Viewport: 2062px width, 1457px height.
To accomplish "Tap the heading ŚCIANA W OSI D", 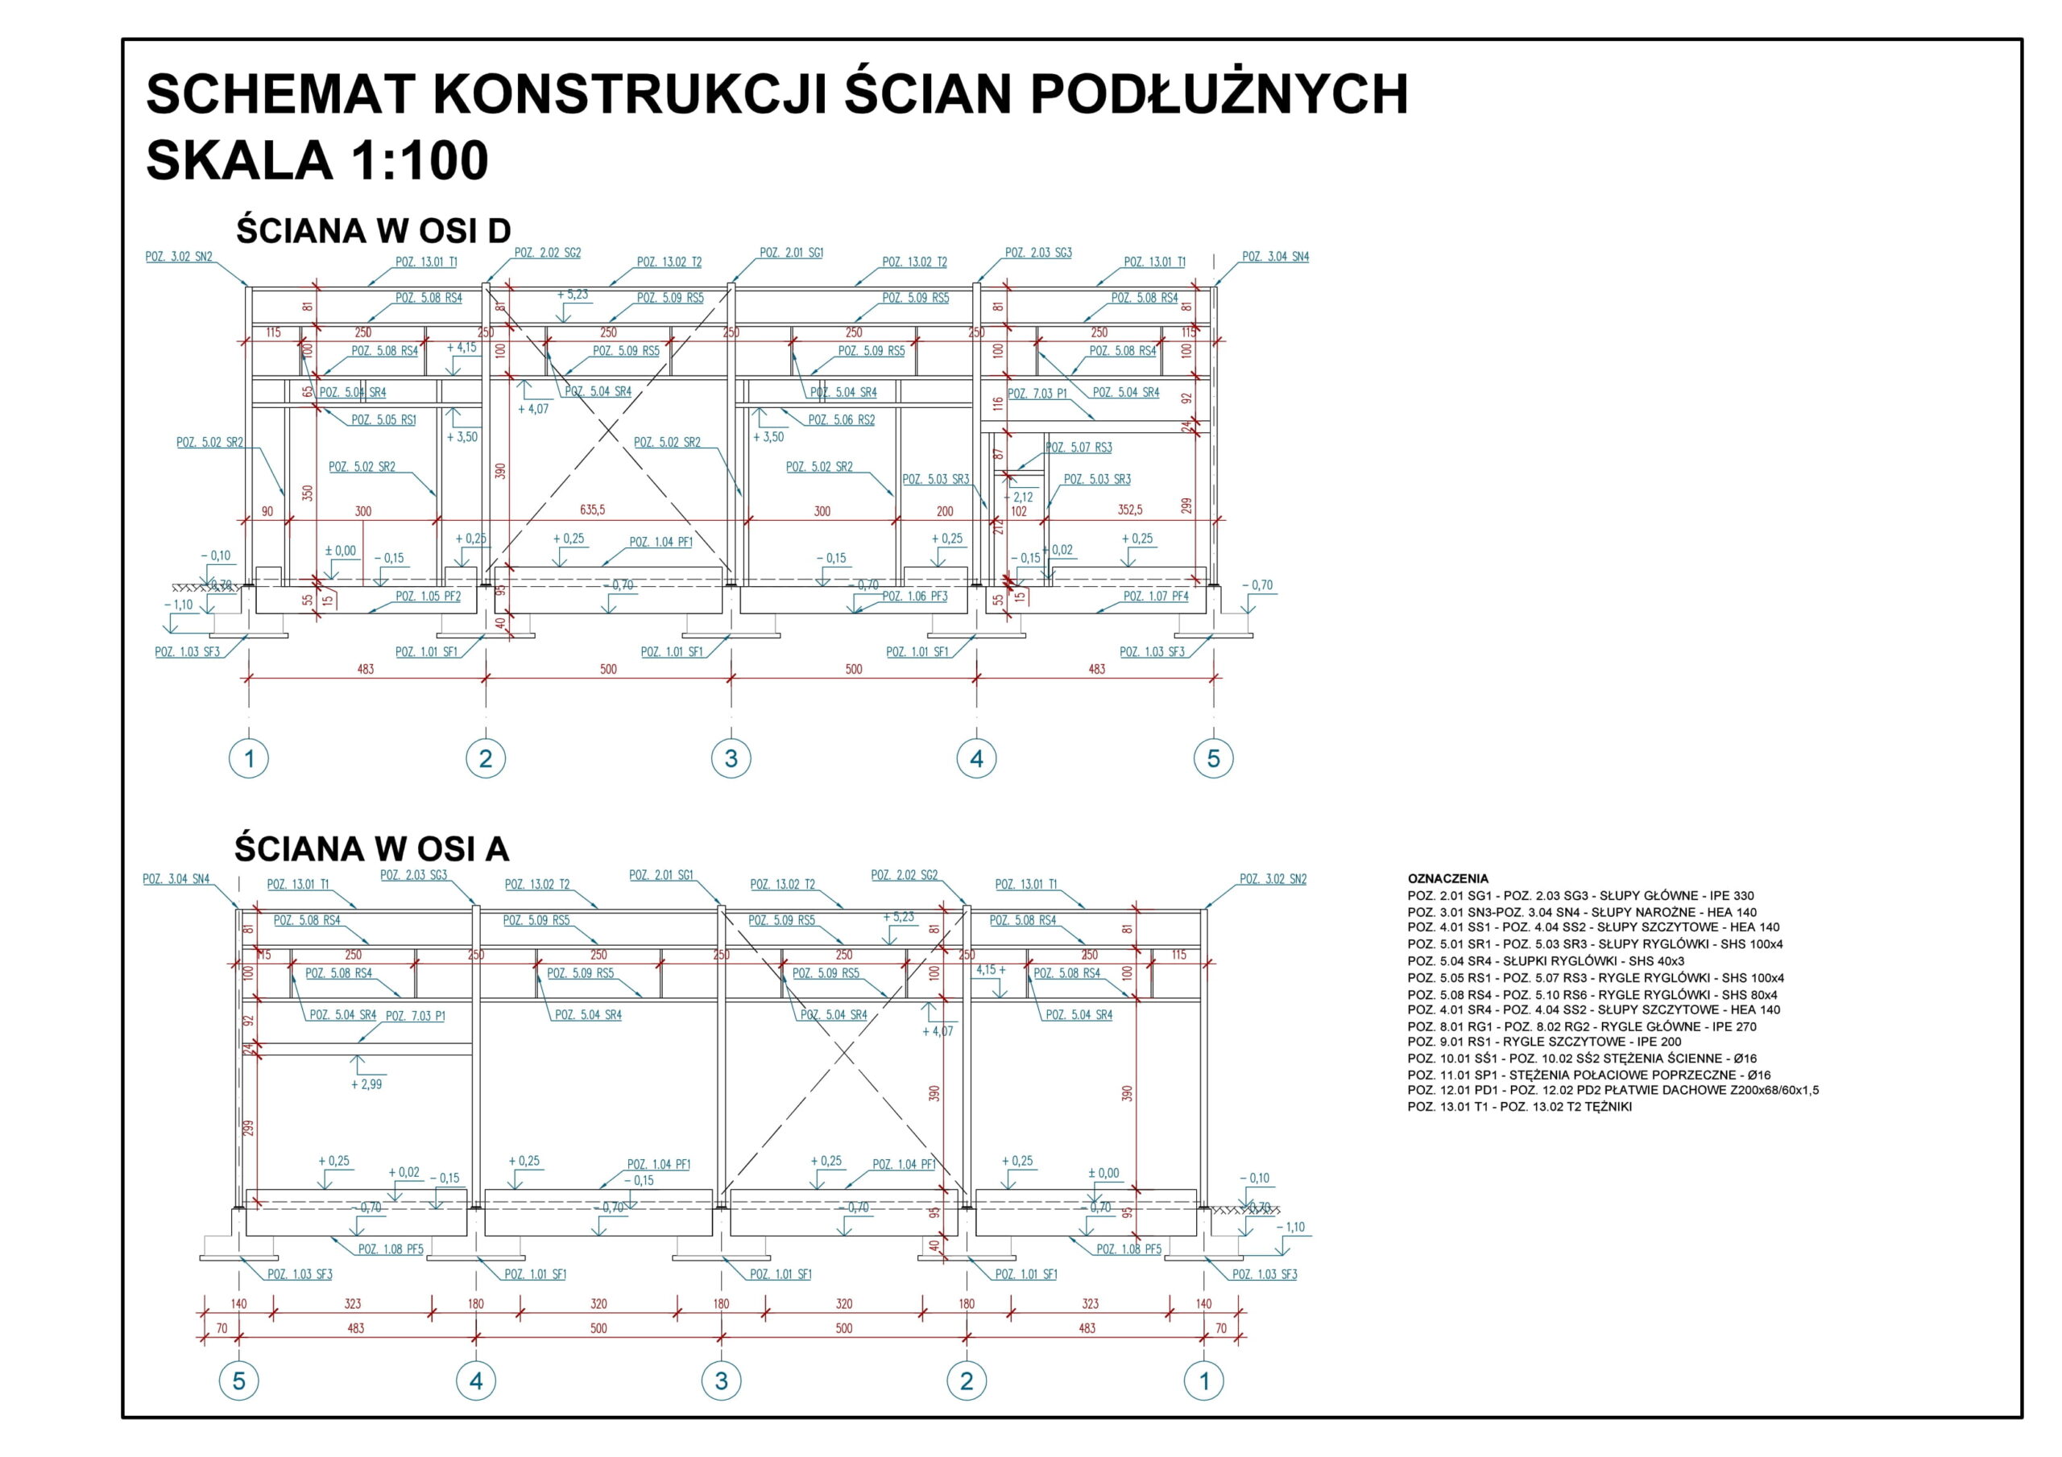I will (373, 231).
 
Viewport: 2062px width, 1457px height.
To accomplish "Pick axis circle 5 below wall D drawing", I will (1212, 758).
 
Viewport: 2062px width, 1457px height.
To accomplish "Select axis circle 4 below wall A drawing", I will (475, 1381).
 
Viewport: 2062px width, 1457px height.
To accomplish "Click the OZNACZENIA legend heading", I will (1447, 879).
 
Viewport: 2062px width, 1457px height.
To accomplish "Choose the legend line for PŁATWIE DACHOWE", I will (1612, 1091).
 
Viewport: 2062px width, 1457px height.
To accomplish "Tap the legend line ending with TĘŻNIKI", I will (1518, 1107).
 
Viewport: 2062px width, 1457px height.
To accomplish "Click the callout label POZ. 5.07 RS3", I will (1078, 448).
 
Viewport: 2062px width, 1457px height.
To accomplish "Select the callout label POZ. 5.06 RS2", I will (841, 420).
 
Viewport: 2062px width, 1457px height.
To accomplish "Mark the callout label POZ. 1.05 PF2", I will (428, 597).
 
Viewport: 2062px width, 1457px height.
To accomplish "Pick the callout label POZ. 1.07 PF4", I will (1155, 597).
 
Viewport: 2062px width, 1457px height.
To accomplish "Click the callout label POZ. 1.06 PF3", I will (914, 597).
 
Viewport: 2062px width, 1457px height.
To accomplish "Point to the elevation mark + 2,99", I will (366, 1084).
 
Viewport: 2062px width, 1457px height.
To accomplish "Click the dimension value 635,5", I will (592, 510).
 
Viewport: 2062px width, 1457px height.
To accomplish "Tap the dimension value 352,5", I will (1130, 510).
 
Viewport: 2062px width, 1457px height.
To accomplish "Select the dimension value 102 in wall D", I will (1018, 512).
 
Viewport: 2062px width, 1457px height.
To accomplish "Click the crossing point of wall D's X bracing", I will (608, 431).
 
